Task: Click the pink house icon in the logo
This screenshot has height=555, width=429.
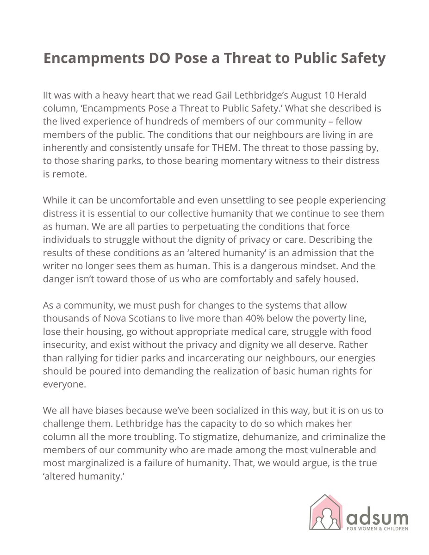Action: pyautogui.click(x=325, y=512)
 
